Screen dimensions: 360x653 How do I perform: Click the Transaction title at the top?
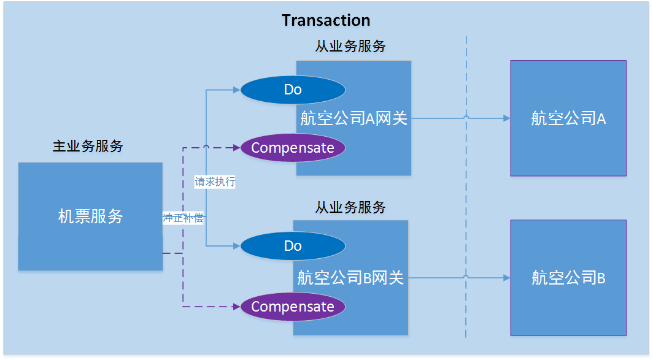click(326, 20)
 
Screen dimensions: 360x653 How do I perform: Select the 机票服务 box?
click(90, 216)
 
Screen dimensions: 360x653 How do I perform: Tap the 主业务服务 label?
click(88, 146)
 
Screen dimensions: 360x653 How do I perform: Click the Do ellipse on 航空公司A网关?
click(293, 90)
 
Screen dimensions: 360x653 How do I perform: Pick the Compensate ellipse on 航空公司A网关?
click(293, 148)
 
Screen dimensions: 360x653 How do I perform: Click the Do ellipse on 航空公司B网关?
click(293, 246)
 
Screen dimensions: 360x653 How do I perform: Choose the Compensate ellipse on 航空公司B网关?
click(293, 307)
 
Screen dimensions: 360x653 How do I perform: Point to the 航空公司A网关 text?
click(354, 118)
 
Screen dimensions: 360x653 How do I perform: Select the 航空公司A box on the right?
click(568, 118)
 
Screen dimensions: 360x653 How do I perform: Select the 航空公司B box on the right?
click(568, 278)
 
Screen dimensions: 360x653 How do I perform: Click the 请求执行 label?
click(215, 182)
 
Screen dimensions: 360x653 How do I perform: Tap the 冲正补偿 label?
click(183, 218)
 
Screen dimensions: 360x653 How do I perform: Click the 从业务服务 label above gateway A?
click(350, 46)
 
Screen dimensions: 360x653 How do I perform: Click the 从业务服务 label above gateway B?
click(350, 207)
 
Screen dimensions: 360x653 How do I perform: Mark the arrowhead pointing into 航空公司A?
click(506, 118)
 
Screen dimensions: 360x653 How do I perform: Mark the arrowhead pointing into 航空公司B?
click(506, 278)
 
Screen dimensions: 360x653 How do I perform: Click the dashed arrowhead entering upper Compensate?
click(236, 148)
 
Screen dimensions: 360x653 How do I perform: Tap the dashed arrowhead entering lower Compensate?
click(236, 307)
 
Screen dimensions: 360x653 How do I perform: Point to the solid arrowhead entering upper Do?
click(236, 90)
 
